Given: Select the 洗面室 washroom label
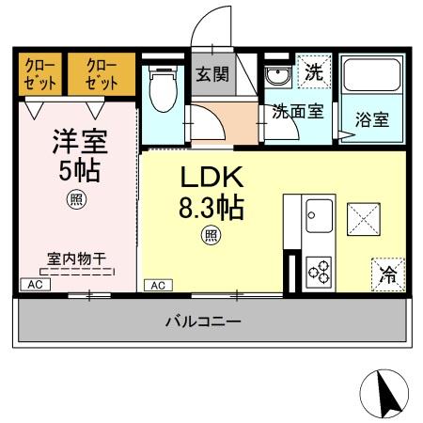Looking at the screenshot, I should pyautogui.click(x=298, y=112).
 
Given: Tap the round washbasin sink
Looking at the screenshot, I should pyautogui.click(x=277, y=76).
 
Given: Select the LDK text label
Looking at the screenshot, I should pyautogui.click(x=211, y=178).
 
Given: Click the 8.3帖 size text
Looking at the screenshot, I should pyautogui.click(x=211, y=207).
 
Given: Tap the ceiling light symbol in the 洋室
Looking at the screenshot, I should pyautogui.click(x=73, y=199).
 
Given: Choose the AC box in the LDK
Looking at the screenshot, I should pyautogui.click(x=157, y=284).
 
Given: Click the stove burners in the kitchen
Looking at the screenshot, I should pyautogui.click(x=320, y=271).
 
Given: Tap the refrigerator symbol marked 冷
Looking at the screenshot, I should pyautogui.click(x=387, y=274).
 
